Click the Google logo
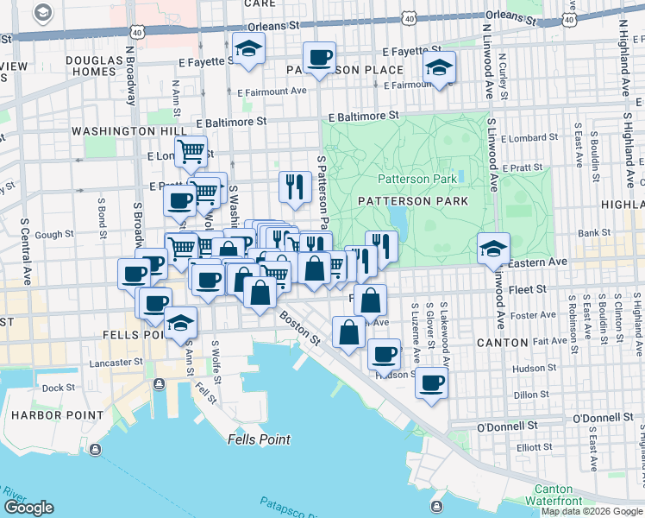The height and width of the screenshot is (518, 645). click(x=28, y=508)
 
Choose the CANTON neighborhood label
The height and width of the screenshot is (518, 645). click(x=502, y=343)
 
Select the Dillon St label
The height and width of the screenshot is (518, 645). click(x=531, y=395)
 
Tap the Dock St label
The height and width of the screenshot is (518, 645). click(x=59, y=388)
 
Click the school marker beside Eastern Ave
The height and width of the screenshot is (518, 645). click(x=492, y=248)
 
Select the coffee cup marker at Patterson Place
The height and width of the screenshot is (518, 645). click(x=319, y=57)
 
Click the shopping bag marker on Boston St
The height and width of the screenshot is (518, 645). click(x=348, y=332)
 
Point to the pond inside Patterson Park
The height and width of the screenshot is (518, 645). click(x=398, y=215)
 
